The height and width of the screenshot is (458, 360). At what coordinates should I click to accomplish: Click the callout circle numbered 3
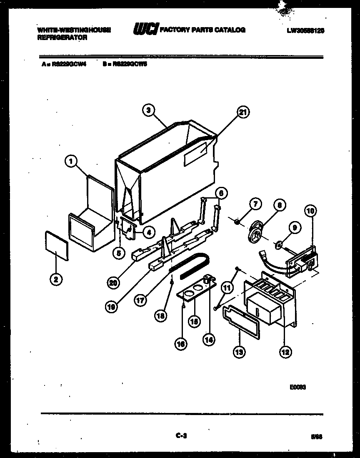(148, 110)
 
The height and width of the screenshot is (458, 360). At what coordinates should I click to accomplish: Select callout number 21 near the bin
(242, 111)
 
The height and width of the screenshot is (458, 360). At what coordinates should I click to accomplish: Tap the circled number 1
(71, 160)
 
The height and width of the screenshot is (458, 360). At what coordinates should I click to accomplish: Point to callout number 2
(54, 279)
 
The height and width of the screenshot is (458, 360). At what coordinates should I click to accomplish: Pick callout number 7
(255, 204)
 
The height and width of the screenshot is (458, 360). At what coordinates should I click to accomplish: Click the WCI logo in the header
(145, 30)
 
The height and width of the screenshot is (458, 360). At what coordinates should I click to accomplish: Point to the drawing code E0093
(298, 387)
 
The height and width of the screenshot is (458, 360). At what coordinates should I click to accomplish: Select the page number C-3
(180, 435)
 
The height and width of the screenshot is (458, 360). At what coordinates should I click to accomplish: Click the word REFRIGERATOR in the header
(62, 37)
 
